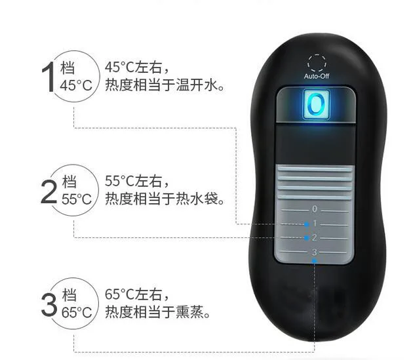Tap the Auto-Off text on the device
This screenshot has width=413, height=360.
(x=316, y=77)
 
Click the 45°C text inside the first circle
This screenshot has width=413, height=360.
(x=77, y=86)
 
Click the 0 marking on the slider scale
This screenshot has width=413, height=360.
(x=315, y=209)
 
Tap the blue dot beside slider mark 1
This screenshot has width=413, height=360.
(x=305, y=224)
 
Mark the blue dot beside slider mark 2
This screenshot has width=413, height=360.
(x=305, y=238)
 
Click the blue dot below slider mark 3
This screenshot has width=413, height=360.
(x=315, y=261)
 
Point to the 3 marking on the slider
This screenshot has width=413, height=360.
(x=315, y=252)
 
